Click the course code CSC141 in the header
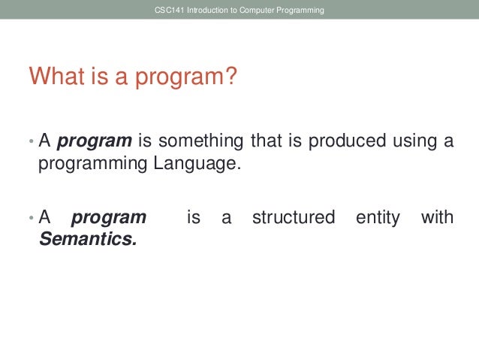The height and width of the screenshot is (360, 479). click(x=164, y=11)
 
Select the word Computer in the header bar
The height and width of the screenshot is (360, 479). click(x=252, y=11)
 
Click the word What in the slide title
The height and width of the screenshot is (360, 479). click(x=55, y=77)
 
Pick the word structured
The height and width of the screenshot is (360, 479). click(x=294, y=218)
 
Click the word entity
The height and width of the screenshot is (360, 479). click(x=376, y=218)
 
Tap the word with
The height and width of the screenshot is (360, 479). click(x=437, y=218)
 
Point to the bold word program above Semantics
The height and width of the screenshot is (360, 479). click(x=108, y=218)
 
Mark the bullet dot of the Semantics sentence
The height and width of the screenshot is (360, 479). click(x=31, y=219)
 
